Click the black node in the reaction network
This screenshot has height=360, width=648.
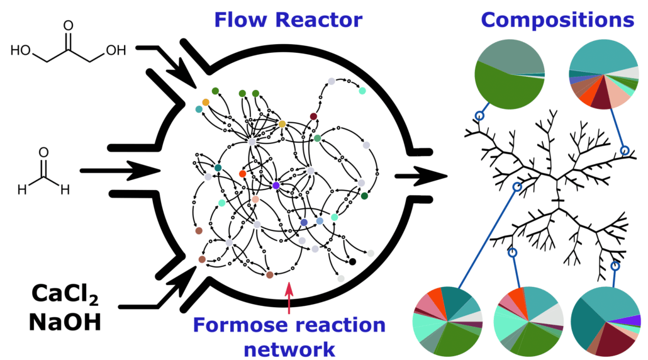point(352,262)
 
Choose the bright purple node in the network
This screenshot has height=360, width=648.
point(276,185)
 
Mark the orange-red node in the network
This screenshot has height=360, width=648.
point(242,173)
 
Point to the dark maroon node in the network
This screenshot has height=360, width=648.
point(313,116)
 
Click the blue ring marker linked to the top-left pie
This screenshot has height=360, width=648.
point(479,116)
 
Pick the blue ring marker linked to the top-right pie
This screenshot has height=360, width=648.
point(625,150)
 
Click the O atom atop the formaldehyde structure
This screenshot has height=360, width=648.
point(43,152)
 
